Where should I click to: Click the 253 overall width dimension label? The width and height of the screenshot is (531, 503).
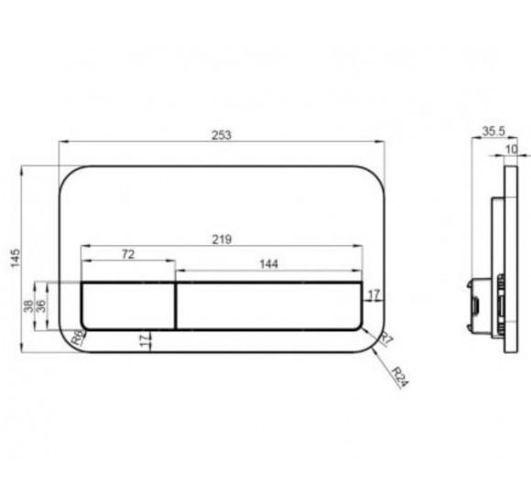[x=222, y=135]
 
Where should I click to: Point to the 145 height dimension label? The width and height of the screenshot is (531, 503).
[x=16, y=259]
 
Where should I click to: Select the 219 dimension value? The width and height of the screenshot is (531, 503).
[x=222, y=240]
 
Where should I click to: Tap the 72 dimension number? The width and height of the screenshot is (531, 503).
[x=128, y=254]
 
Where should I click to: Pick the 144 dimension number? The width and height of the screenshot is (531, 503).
[x=268, y=264]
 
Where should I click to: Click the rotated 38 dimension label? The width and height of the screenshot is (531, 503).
[x=28, y=306]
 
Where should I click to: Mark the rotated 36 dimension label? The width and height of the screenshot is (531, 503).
[x=40, y=306]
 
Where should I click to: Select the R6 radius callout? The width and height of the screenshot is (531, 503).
[x=78, y=337]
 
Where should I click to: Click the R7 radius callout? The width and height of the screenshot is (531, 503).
[x=386, y=338]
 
